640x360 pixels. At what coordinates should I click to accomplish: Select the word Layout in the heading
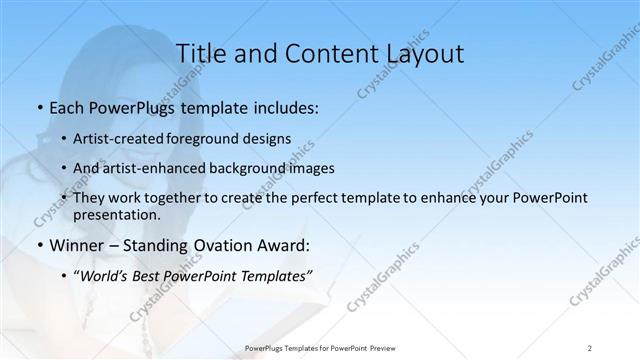[420, 54]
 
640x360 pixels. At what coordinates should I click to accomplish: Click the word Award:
[283, 245]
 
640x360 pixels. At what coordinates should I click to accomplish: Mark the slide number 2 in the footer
[590, 348]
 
